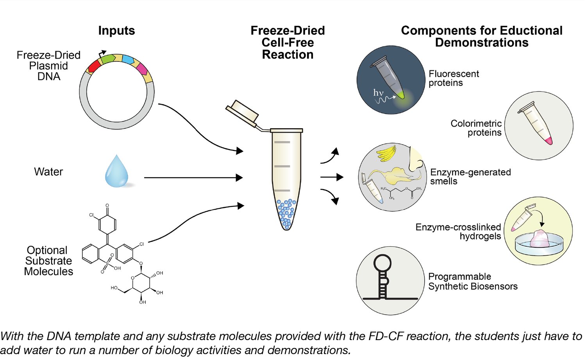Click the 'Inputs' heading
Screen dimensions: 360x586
pos(116,30)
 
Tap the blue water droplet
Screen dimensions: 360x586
pos(116,172)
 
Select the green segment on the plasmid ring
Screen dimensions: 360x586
pos(108,58)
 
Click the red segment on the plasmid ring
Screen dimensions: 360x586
pos(94,66)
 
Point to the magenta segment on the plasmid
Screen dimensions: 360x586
pos(141,69)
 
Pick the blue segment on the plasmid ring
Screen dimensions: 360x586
pos(128,60)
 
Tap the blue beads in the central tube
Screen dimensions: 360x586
pos(287,213)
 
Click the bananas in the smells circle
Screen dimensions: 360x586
pos(386,153)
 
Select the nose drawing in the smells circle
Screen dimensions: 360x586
pos(415,160)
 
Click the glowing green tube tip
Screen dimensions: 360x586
pos(401,95)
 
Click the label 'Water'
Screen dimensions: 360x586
pos(48,172)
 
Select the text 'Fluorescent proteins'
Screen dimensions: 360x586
pos(453,78)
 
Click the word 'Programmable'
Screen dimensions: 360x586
pos(459,276)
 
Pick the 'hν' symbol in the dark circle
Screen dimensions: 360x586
pos(378,93)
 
